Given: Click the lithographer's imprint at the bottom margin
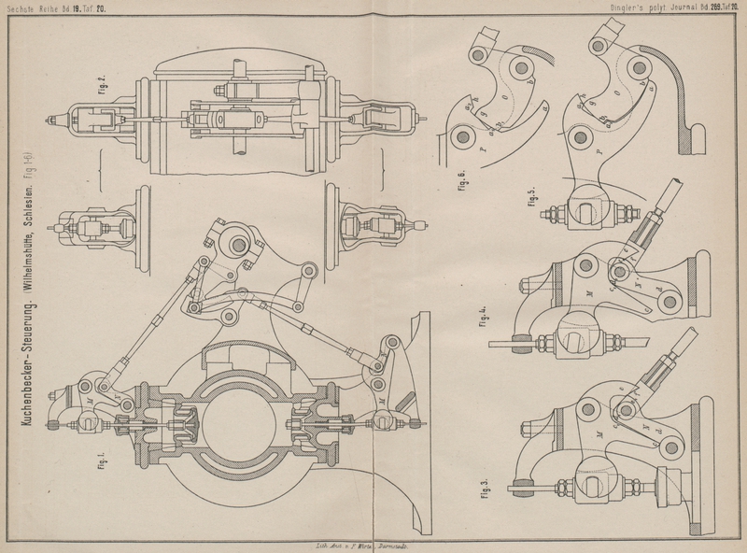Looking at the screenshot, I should coord(360,544).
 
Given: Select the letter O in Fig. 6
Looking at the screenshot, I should coord(505,96).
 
